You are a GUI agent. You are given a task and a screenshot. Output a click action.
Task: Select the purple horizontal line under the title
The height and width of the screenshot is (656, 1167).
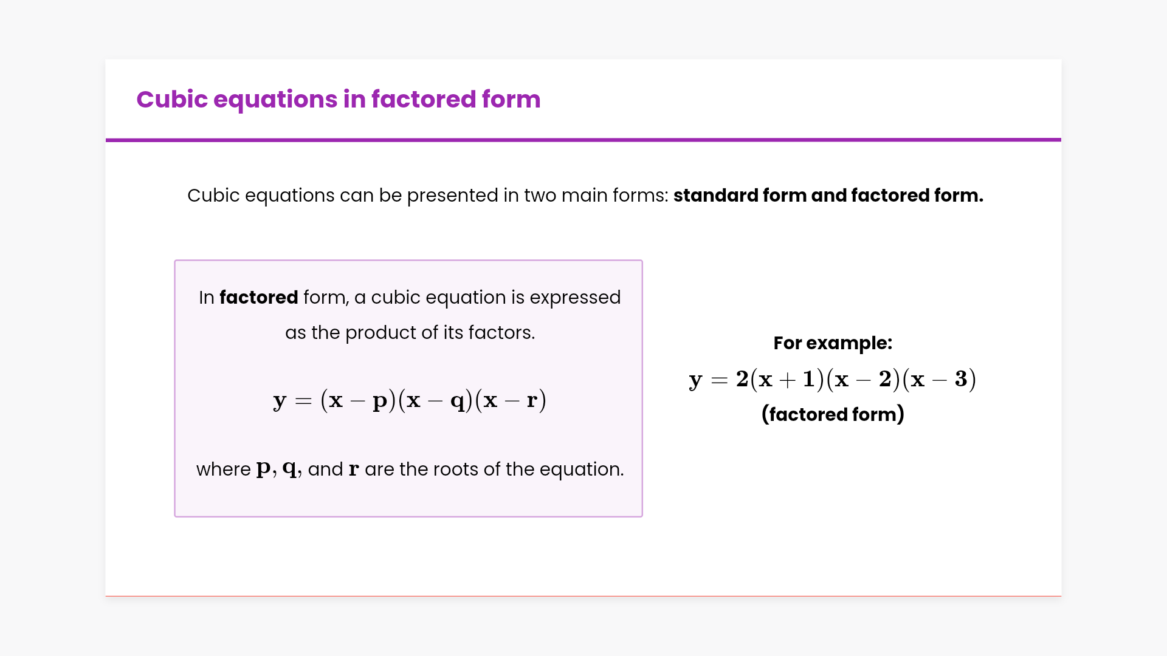click(583, 140)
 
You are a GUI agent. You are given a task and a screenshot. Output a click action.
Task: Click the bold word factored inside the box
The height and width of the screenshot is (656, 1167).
click(258, 297)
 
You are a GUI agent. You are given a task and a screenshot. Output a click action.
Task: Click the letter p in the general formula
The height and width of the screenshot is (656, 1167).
click(380, 401)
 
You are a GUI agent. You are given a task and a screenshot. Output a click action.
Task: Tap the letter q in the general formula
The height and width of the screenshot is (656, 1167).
click(457, 401)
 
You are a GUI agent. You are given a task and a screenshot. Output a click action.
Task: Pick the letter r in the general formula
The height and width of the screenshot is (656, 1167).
click(532, 400)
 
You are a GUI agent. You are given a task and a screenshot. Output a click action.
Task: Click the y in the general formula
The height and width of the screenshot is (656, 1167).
click(280, 401)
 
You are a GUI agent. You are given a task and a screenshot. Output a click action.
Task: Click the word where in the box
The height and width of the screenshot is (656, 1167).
click(223, 469)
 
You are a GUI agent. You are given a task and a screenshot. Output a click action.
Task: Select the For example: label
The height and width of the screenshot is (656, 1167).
click(833, 343)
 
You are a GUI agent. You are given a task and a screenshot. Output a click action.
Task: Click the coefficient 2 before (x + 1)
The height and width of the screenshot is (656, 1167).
click(742, 378)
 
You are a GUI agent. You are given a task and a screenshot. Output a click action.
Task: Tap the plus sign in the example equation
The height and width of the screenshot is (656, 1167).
click(787, 380)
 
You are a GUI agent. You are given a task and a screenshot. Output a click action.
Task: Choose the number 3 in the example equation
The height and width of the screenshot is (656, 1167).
click(961, 378)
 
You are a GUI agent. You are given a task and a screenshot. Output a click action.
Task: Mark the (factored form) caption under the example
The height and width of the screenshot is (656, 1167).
click(833, 414)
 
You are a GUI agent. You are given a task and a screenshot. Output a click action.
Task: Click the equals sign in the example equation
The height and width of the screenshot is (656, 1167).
click(719, 380)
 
